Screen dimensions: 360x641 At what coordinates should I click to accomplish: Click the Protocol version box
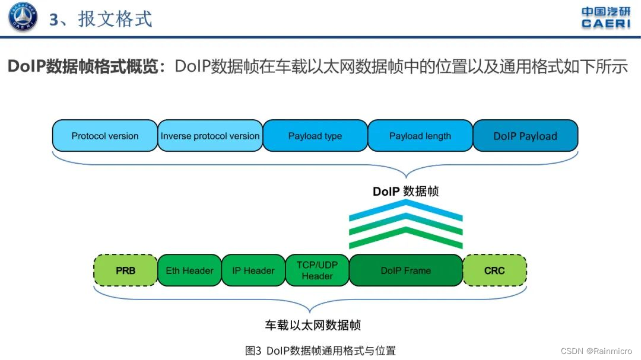click(x=104, y=136)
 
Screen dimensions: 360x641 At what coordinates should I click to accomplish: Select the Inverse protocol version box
click(x=210, y=136)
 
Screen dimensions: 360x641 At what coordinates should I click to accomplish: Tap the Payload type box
click(x=315, y=136)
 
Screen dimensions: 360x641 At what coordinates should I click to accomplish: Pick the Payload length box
click(x=420, y=136)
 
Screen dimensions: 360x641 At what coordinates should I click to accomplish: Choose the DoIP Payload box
click(x=525, y=136)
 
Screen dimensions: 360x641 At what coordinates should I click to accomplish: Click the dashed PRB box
click(x=125, y=270)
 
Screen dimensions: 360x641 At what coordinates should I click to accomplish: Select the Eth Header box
click(x=189, y=270)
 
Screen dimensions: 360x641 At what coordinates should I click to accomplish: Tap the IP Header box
click(x=253, y=270)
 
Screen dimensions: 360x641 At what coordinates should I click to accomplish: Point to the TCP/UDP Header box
click(x=317, y=270)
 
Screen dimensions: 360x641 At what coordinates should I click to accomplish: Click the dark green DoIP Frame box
click(x=405, y=270)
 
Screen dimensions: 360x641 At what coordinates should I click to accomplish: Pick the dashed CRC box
click(x=494, y=270)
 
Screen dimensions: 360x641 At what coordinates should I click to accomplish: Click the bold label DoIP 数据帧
click(x=406, y=191)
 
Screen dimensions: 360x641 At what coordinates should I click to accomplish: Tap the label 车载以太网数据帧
click(x=313, y=325)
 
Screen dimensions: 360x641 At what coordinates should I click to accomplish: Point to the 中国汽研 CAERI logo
click(x=605, y=17)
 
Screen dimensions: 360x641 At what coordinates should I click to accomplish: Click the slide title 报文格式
click(x=101, y=19)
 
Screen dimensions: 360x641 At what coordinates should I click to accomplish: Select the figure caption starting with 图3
click(x=320, y=351)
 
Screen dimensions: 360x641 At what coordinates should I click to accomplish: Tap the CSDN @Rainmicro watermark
click(x=596, y=351)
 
